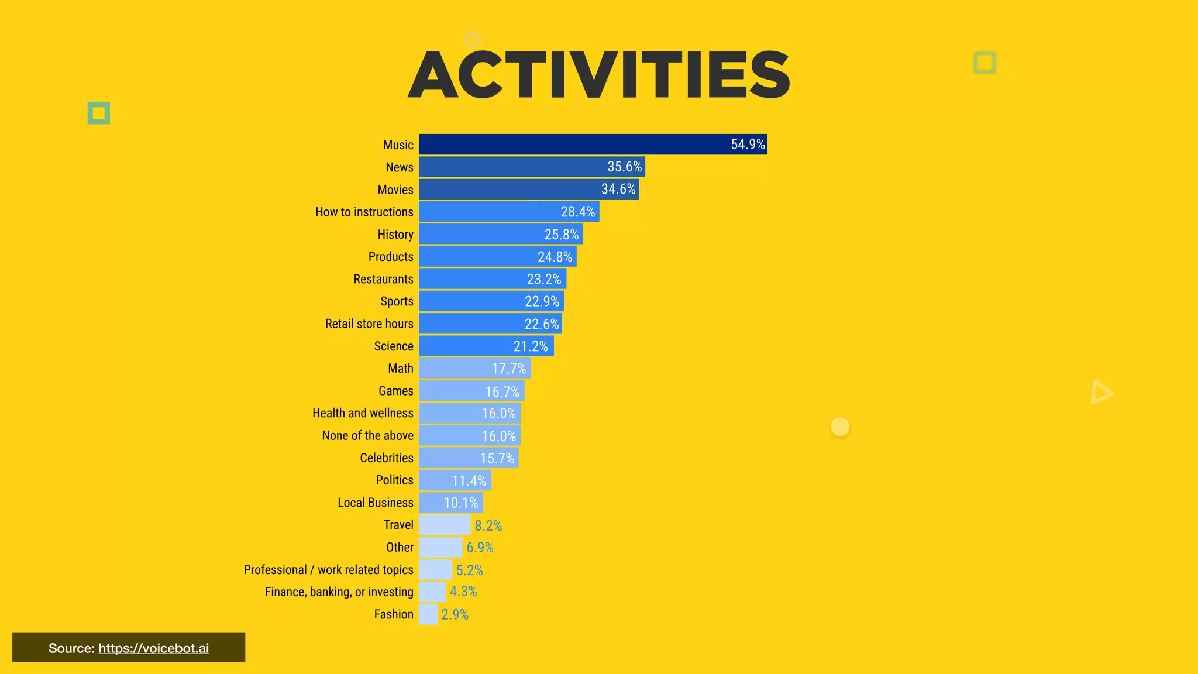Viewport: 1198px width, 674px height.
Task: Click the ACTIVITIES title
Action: (x=599, y=75)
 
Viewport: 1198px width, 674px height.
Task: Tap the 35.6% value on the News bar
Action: (x=624, y=167)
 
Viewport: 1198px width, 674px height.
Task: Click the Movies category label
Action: (x=395, y=190)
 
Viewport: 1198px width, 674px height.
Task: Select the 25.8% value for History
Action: (x=561, y=235)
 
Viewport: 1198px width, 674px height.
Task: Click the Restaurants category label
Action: (x=383, y=279)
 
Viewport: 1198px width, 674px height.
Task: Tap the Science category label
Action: (x=394, y=346)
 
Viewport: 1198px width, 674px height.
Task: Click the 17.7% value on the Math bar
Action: (x=508, y=369)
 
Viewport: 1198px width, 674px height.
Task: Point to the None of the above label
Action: (x=367, y=435)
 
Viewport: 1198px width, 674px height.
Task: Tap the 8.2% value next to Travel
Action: (x=488, y=525)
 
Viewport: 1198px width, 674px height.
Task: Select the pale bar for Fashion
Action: (x=428, y=614)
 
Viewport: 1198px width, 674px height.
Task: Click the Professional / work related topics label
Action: (x=328, y=570)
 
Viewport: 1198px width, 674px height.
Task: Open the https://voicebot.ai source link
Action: (x=153, y=648)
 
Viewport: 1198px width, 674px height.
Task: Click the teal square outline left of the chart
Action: (x=99, y=113)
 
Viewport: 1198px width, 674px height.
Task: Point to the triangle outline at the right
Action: (x=1101, y=392)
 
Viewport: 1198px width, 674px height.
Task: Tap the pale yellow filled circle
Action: (x=840, y=427)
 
